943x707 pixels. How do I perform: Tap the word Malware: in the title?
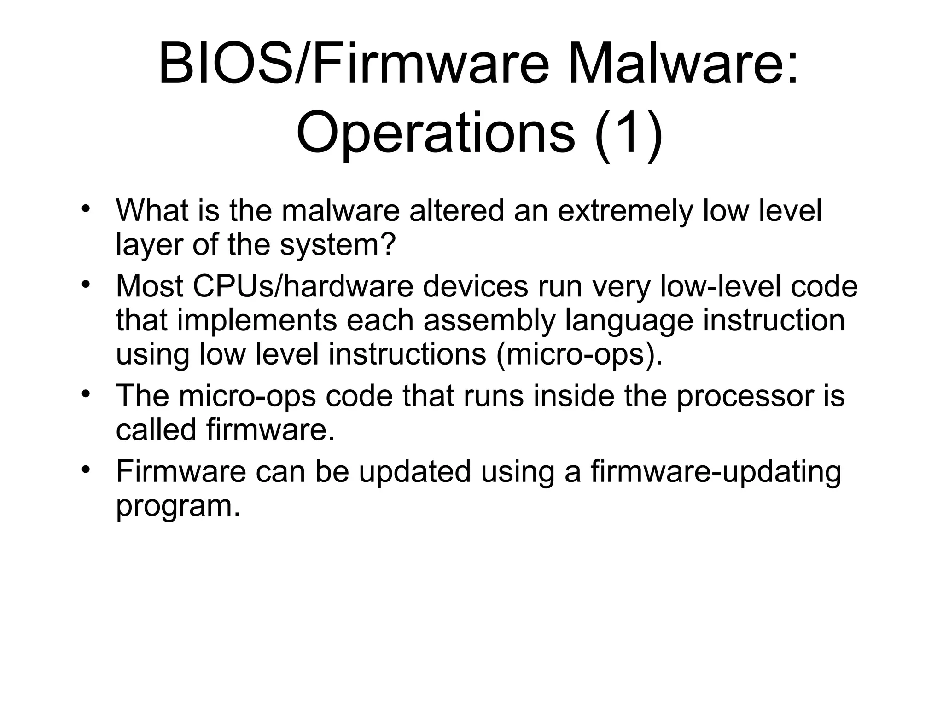(683, 66)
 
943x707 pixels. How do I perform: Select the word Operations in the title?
(436, 134)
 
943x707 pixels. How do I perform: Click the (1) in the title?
(629, 134)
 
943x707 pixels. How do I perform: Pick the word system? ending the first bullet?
(338, 245)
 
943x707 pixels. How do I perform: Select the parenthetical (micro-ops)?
(579, 355)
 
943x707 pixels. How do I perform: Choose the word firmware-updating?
(716, 473)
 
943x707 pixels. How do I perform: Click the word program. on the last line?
(178, 507)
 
